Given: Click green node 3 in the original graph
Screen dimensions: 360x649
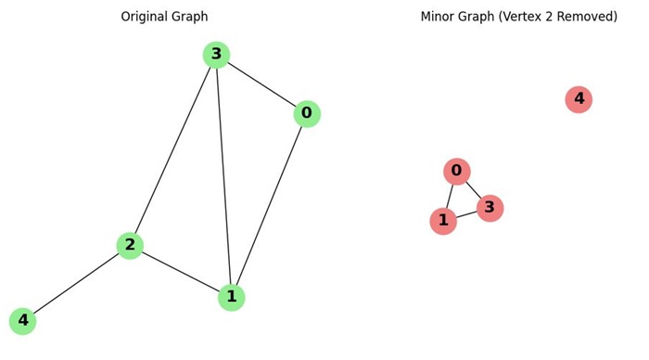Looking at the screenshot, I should point(216,55).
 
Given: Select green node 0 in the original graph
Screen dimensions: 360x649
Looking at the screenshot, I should point(307,114).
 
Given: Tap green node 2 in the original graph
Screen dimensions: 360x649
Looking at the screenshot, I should point(130,245).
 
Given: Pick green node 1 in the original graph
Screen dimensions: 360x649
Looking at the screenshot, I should point(231,297).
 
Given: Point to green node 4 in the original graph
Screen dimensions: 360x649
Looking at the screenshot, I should point(22,321).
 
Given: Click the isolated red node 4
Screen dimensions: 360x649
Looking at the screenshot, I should point(579,99).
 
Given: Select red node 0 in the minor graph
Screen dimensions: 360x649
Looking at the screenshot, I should point(456,171).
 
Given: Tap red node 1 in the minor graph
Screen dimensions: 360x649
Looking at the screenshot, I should point(443,221).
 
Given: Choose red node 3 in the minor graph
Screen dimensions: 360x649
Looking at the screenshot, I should point(490,208).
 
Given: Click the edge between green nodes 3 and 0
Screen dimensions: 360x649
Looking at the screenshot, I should point(261,84).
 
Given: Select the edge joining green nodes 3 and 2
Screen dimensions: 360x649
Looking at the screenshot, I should point(173,149).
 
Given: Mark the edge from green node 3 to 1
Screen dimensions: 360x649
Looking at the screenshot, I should point(223,176).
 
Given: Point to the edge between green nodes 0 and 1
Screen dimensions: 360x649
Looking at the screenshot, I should point(269,205).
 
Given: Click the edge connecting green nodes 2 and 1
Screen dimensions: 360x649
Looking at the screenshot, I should point(181,271).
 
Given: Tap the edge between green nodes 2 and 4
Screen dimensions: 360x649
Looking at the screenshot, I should point(76,283).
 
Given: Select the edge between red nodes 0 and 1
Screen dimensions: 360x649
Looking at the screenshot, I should point(450,196).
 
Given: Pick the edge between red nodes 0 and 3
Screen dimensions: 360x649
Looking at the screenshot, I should point(473,189).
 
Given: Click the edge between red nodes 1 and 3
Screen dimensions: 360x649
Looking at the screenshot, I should point(466,214).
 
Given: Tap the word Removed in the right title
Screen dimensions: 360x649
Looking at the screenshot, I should point(585,17).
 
